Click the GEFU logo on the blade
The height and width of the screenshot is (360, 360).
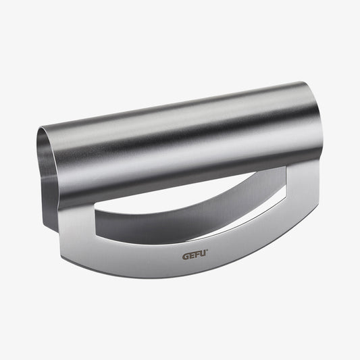coord(195,255)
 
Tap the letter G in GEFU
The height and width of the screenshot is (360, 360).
coord(186,257)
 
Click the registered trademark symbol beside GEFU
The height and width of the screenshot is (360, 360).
coord(207,251)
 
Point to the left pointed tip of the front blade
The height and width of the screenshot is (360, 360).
coord(61,257)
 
